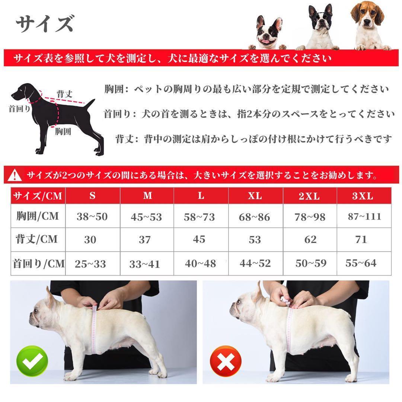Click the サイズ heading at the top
(x=45, y=24)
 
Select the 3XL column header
(x=363, y=196)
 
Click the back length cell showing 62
(x=310, y=239)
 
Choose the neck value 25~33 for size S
(x=90, y=264)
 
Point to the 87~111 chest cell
(x=364, y=217)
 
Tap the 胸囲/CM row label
(x=38, y=216)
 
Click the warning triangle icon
(x=15, y=174)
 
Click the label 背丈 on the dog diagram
(x=64, y=94)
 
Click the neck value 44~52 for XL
(x=255, y=264)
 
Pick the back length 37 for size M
(x=145, y=239)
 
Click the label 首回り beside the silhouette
(x=19, y=109)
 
